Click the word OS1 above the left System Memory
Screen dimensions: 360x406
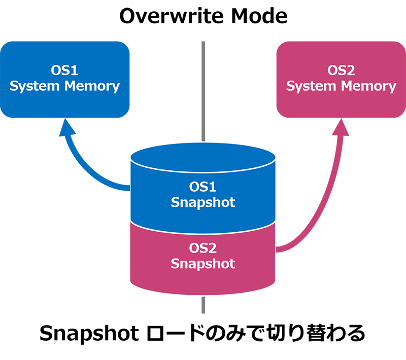tap(64, 70)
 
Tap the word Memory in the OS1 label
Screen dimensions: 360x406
tap(92, 86)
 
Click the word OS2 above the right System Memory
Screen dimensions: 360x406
tap(341, 70)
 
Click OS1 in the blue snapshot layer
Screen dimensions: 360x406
tap(203, 187)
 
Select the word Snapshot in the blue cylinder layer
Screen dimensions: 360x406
tap(203, 202)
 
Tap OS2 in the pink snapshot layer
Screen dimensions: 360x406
tap(203, 248)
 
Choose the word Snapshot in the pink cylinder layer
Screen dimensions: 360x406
tap(203, 264)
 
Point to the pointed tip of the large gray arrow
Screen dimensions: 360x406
tap(203, 139)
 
